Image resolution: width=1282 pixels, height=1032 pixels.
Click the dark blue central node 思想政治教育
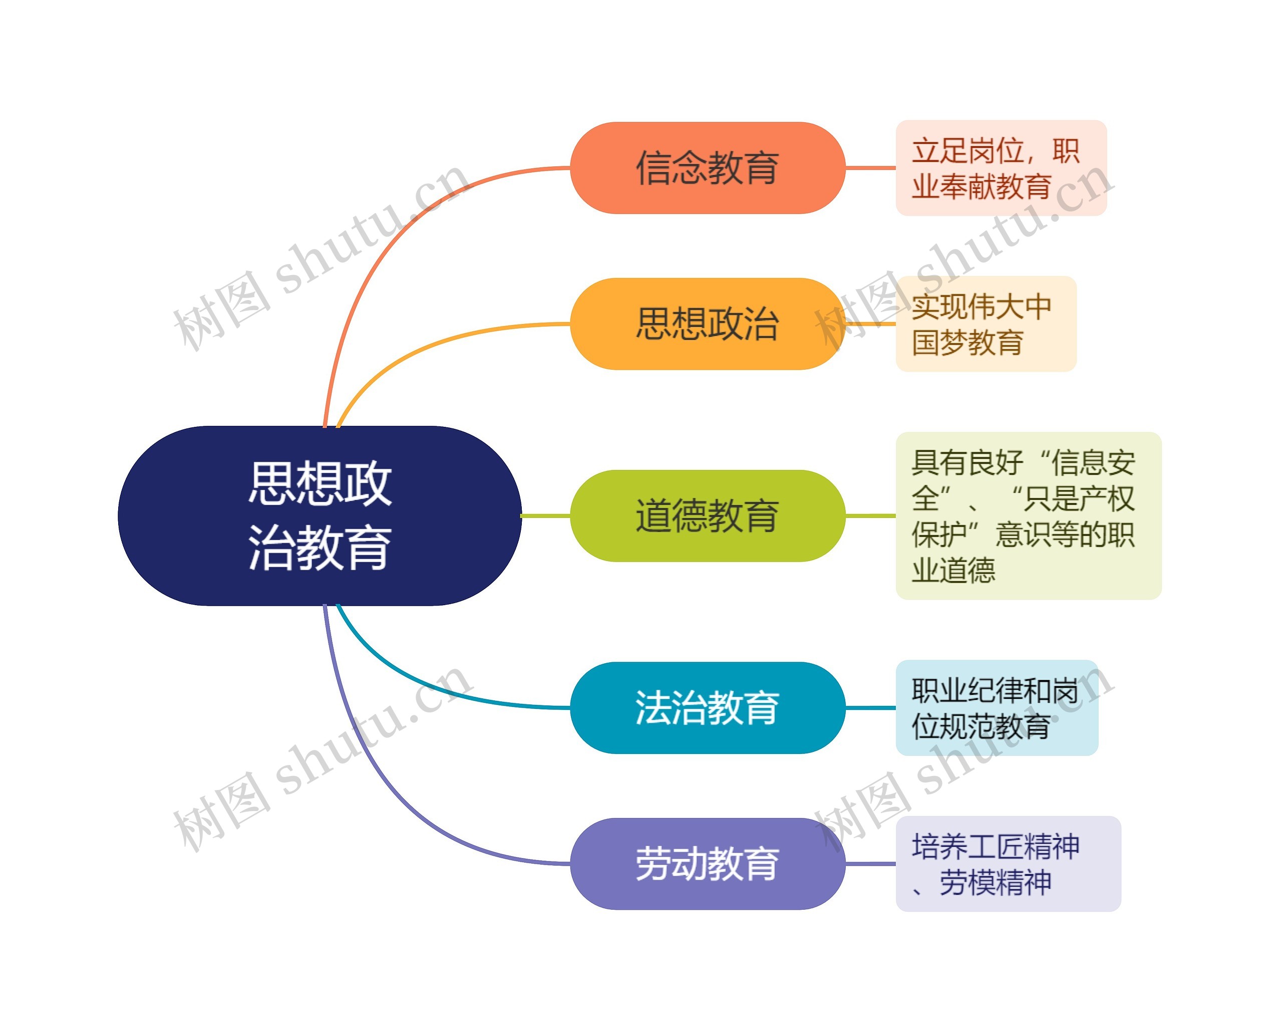320,515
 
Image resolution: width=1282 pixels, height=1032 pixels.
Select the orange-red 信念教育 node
707,168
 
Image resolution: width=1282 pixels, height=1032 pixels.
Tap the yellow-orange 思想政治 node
707,324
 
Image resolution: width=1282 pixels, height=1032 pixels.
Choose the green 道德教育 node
707,515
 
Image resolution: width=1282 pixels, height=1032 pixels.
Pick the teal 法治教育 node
707,708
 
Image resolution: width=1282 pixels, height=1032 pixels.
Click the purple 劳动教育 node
707,864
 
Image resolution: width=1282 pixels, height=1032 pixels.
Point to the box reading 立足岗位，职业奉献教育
1001,168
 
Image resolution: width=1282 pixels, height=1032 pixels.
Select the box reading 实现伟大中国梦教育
986,324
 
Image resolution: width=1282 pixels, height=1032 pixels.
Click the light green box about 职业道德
1028,515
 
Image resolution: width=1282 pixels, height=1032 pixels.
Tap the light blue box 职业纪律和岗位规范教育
997,708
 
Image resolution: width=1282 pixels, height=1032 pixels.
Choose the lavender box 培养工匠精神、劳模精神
1008,864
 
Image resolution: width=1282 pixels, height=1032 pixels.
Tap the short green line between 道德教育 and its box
870,515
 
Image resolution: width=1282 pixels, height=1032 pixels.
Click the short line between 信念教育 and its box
870,168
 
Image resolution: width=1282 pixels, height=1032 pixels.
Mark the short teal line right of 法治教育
870,708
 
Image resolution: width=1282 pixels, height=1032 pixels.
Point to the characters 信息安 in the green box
1093,463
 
